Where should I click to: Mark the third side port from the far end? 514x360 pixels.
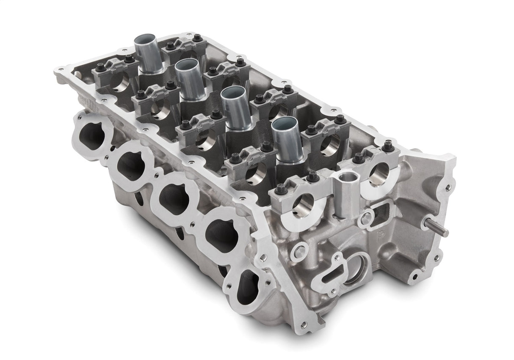174,197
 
